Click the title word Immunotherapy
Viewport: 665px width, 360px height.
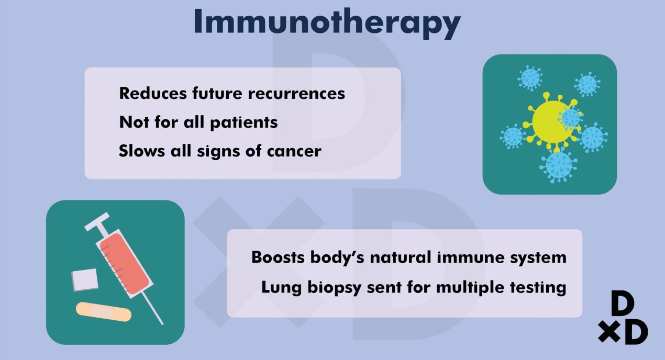tap(327, 23)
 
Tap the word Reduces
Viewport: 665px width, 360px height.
tap(153, 93)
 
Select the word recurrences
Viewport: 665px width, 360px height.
tap(296, 94)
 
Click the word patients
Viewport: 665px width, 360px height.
tap(243, 122)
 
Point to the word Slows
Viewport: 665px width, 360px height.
tap(141, 151)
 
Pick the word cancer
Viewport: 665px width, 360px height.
tap(294, 151)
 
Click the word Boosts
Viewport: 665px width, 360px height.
tap(278, 257)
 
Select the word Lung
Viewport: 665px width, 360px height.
tap(281, 288)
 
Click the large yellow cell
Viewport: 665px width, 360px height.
tap(549, 122)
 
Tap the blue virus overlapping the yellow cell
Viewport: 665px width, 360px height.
tap(570, 118)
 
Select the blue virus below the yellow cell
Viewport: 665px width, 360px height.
tap(558, 165)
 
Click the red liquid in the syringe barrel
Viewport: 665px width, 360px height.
tap(125, 263)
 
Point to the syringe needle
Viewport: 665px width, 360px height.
tap(152, 308)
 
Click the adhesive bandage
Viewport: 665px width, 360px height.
tap(104, 312)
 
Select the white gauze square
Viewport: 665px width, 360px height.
tap(85, 280)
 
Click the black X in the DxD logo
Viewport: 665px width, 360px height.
tap(609, 331)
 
